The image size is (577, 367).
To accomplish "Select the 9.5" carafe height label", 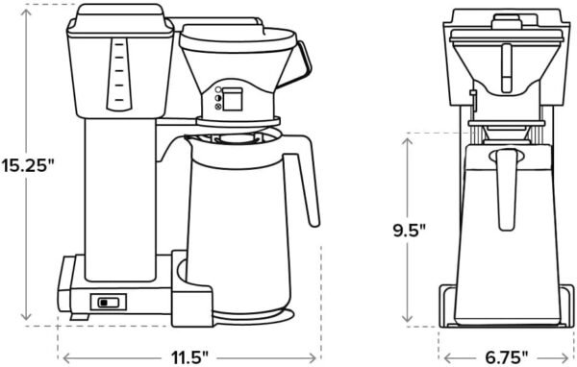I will coord(411,231).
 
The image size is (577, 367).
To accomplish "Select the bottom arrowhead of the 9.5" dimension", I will coord(411,322).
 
